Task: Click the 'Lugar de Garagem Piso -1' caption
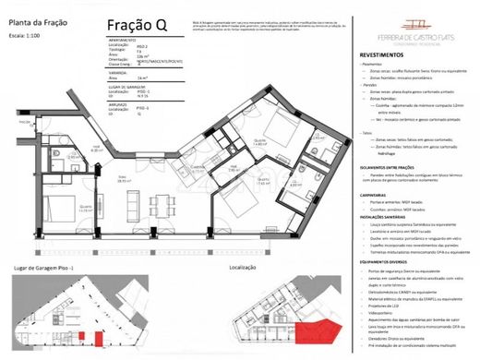(x=51, y=267)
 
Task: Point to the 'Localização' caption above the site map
(x=243, y=267)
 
